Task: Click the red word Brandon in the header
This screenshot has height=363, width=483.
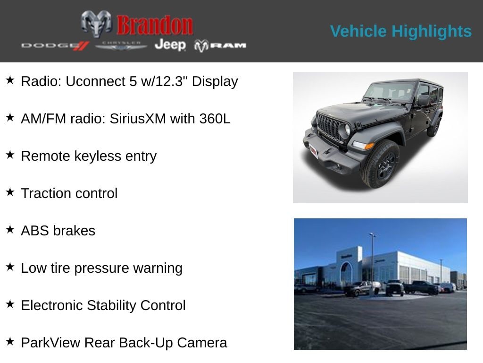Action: point(155,25)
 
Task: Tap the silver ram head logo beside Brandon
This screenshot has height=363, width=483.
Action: point(96,23)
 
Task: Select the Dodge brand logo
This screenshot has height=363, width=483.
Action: point(55,45)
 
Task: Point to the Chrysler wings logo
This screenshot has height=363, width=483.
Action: point(121,45)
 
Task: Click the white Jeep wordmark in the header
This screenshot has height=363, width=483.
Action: point(170,45)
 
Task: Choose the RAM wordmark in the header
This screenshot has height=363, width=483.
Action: point(220,45)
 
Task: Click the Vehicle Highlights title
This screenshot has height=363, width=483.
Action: point(400,31)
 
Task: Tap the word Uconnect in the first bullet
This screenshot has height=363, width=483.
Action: point(95,81)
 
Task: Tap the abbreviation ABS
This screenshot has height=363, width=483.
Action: point(35,231)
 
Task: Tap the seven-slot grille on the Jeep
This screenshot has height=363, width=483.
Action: point(329,126)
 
